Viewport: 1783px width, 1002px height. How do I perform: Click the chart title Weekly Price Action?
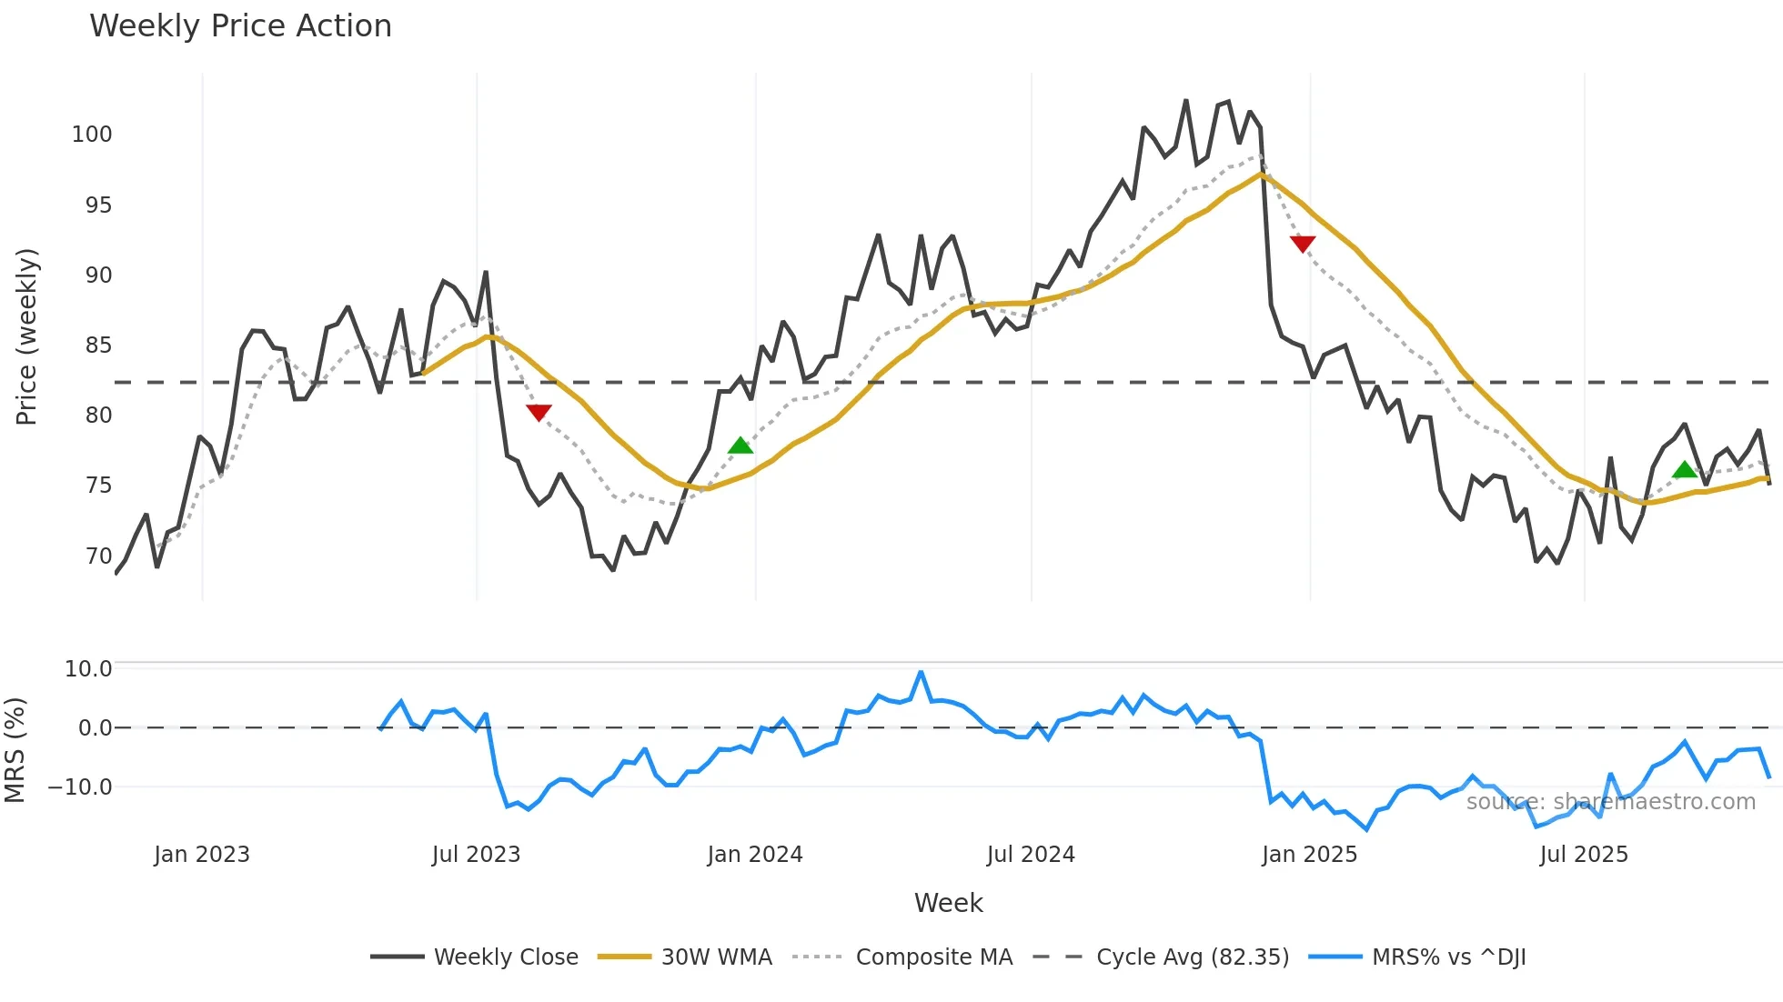[x=240, y=26]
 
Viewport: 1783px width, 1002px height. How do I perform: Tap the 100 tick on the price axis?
[x=92, y=135]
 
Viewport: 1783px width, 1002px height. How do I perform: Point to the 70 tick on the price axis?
[x=98, y=556]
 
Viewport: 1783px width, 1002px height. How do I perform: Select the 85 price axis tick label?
[x=98, y=346]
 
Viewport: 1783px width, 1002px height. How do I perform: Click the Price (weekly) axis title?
[x=26, y=336]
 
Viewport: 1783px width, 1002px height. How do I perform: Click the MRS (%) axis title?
[x=15, y=750]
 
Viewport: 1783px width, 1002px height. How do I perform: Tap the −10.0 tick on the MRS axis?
[x=80, y=787]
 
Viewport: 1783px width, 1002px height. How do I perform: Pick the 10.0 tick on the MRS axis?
[x=88, y=669]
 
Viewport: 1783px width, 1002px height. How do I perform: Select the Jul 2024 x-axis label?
[x=1031, y=855]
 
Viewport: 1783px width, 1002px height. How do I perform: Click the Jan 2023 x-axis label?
[x=202, y=855]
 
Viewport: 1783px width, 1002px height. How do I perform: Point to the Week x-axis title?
[x=948, y=903]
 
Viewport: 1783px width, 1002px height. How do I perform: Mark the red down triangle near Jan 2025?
[x=1303, y=243]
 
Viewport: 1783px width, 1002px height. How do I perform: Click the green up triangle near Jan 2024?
[x=740, y=446]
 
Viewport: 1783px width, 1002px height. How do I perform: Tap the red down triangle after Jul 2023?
[x=539, y=413]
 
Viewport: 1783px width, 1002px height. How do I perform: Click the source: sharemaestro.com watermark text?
[x=1610, y=802]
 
